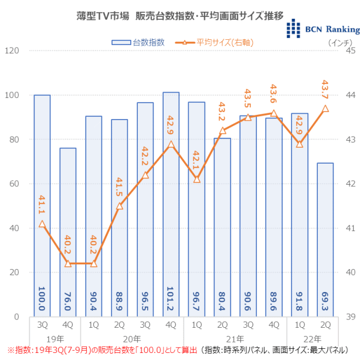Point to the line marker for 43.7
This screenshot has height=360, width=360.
click(x=325, y=108)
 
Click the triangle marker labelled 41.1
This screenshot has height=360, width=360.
click(x=42, y=224)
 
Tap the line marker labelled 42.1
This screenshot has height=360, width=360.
click(x=196, y=179)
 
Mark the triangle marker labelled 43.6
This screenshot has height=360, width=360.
click(x=273, y=113)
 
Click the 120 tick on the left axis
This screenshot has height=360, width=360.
click(x=12, y=51)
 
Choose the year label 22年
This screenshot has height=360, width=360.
click(x=312, y=338)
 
